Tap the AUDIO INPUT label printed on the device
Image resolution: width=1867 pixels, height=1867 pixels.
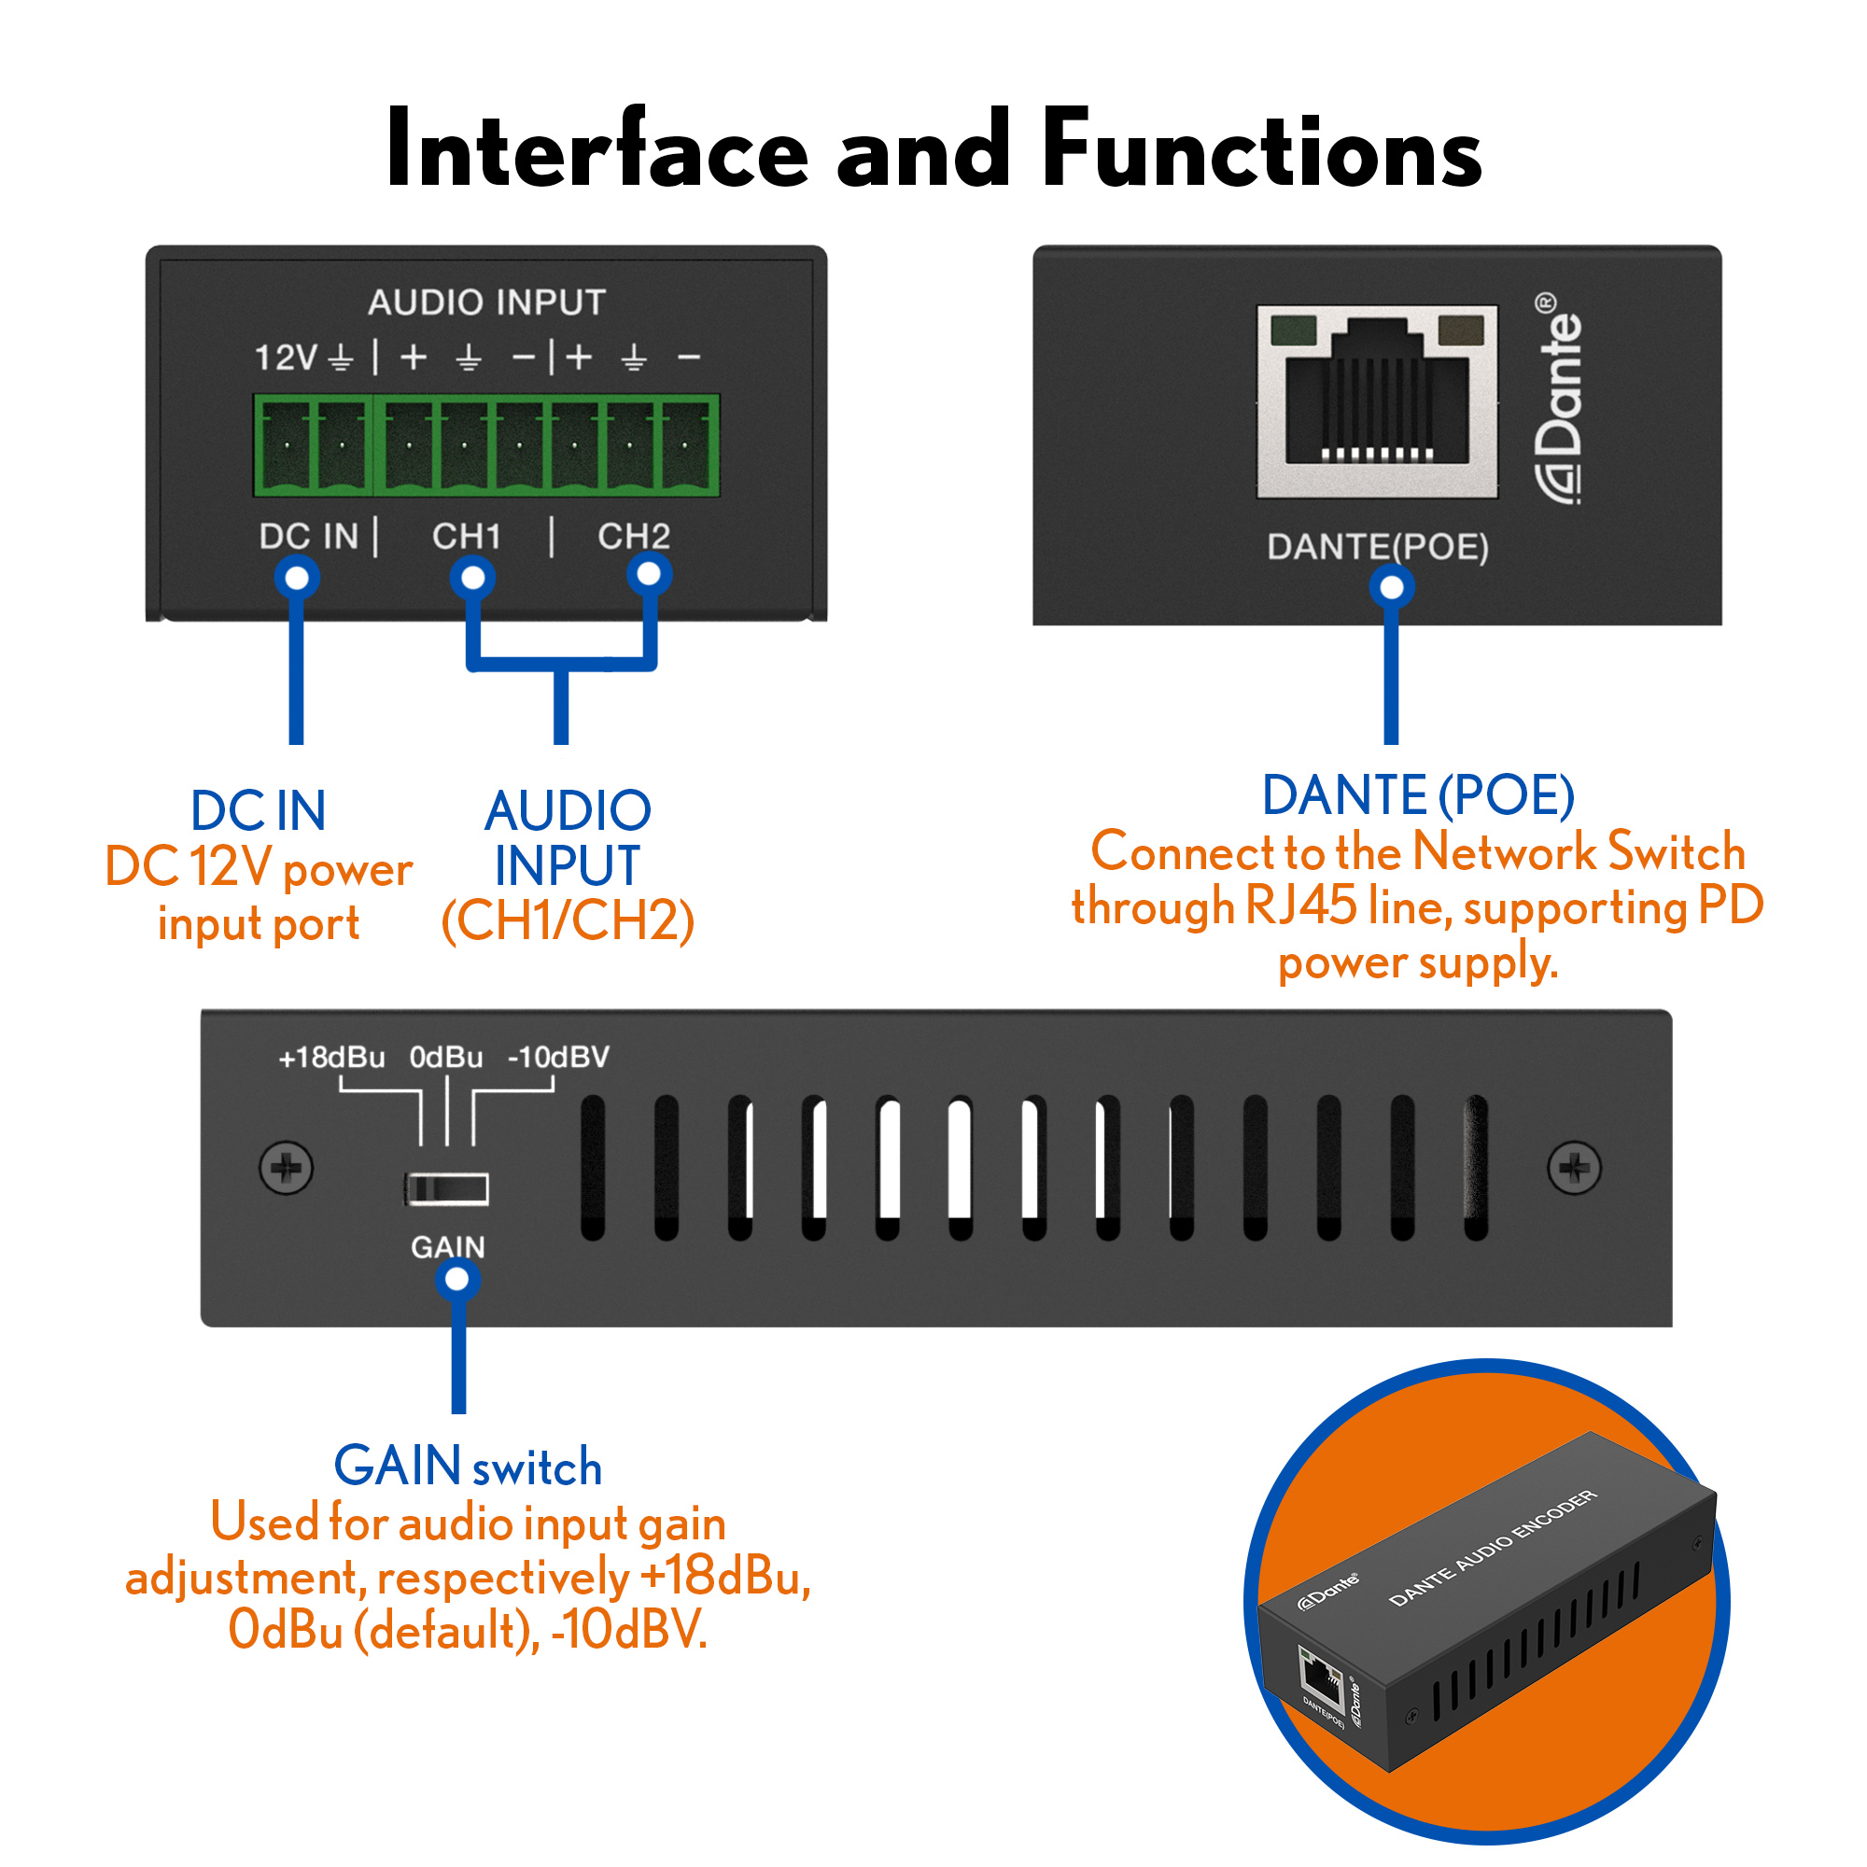(486, 302)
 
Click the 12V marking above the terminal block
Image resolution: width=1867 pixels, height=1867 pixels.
(285, 358)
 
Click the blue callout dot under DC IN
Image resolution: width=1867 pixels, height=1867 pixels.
(297, 578)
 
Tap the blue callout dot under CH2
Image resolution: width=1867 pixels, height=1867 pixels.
(650, 574)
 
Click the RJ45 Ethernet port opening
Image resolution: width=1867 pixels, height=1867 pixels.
(1377, 401)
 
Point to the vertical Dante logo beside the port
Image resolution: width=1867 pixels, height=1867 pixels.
(1560, 399)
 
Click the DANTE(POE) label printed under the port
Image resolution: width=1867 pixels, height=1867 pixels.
(1377, 547)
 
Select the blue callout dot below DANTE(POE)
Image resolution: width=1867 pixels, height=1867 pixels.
(1392, 586)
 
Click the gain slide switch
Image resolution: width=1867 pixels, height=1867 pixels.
(446, 1188)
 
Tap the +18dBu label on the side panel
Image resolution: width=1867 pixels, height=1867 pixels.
(331, 1058)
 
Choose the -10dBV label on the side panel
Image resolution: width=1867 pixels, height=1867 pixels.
(558, 1058)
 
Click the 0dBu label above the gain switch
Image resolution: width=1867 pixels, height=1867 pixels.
(445, 1058)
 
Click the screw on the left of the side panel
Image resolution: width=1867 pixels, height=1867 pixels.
(286, 1169)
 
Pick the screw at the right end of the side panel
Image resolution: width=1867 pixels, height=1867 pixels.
(1574, 1169)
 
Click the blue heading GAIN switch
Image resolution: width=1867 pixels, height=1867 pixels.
(468, 1466)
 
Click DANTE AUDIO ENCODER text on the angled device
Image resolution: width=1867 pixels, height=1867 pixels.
(1493, 1548)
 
